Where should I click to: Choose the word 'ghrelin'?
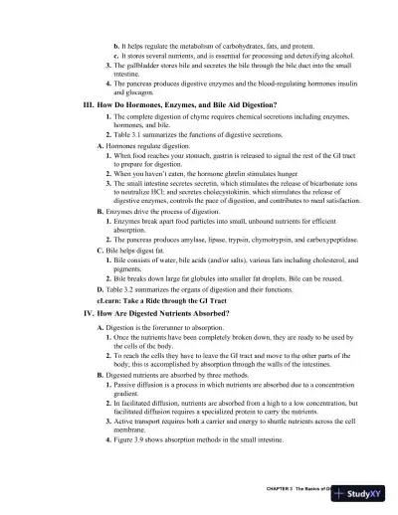coord(213,171)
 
